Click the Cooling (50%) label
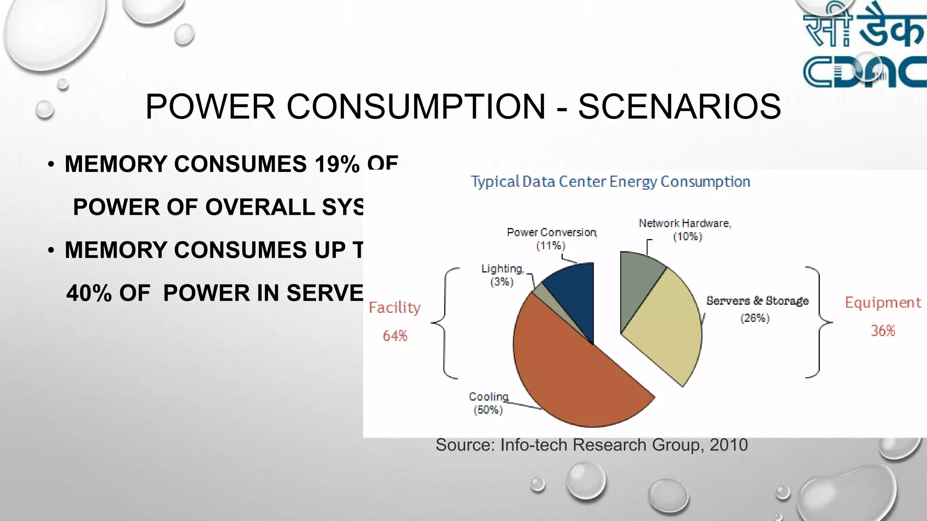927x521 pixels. pyautogui.click(x=488, y=403)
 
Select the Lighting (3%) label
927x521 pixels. pyautogui.click(x=502, y=275)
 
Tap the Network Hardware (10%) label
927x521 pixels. pyautogui.click(x=685, y=230)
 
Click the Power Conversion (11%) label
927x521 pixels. pyautogui.click(x=551, y=239)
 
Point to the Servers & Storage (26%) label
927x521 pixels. pyautogui.click(x=757, y=309)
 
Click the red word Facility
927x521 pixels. pyautogui.click(x=395, y=308)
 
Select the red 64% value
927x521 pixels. pyautogui.click(x=395, y=336)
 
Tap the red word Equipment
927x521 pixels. pyautogui.click(x=883, y=303)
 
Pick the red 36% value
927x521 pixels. pyautogui.click(x=883, y=331)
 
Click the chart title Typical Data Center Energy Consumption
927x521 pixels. pyautogui.click(x=611, y=182)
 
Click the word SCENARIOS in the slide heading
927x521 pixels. pyautogui.click(x=679, y=107)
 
